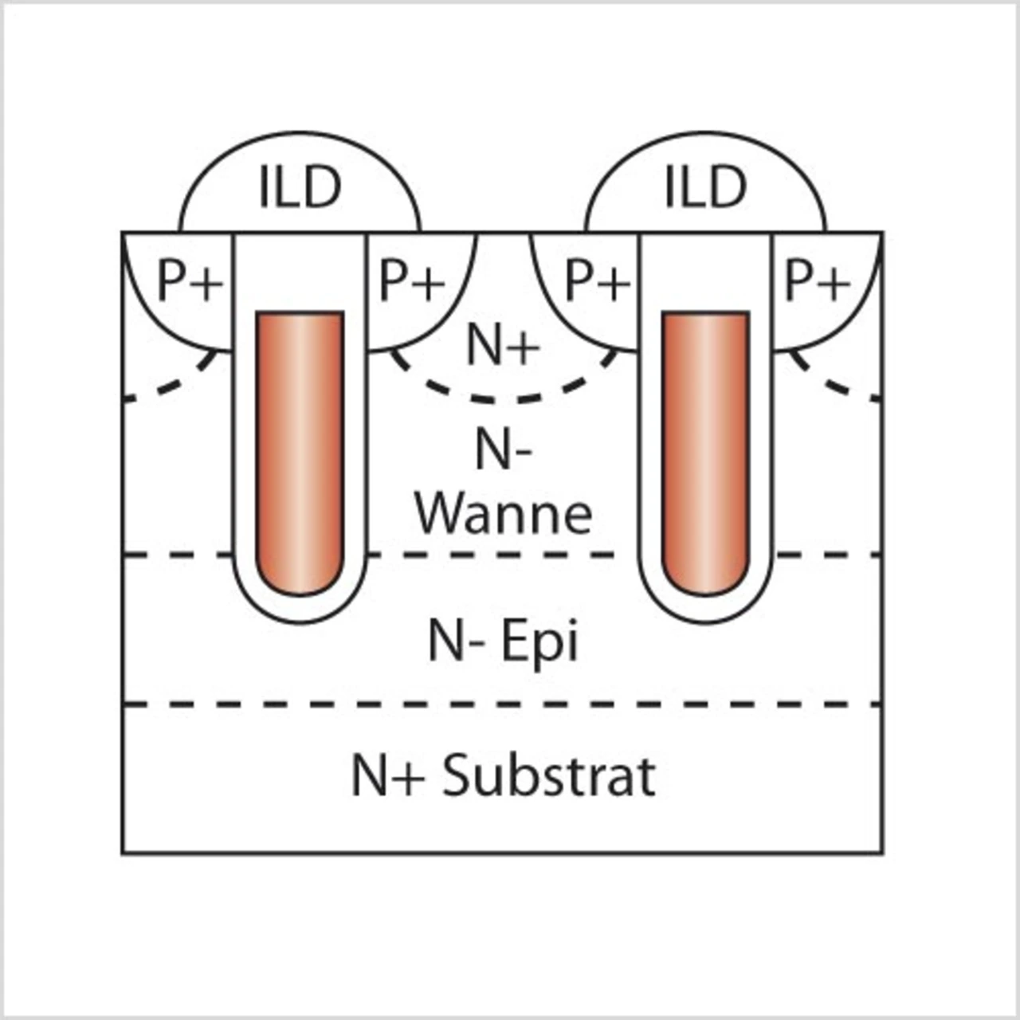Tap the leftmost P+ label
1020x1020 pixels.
190,282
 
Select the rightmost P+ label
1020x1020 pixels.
818,282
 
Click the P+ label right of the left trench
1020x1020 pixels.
412,282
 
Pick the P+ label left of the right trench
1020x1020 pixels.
598,282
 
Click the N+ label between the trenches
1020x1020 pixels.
503,346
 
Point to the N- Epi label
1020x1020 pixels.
503,641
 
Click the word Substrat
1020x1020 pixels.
549,776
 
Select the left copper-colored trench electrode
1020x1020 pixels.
300,453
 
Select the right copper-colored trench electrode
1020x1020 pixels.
705,453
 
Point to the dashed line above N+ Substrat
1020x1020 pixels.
502,704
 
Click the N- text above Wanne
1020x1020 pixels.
503,450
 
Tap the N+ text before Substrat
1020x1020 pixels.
388,777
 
